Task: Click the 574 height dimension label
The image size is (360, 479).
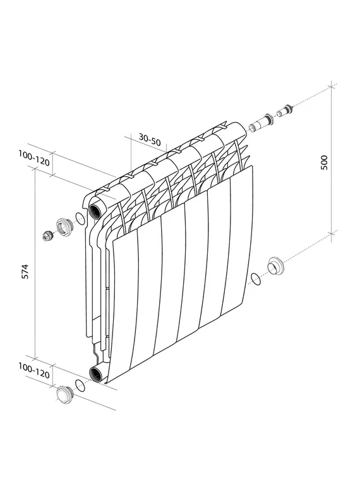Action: pos(26,271)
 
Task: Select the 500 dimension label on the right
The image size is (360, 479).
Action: pos(324,162)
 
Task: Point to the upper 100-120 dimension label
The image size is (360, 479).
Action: pos(33,158)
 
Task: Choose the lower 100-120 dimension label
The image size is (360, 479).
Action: pos(33,370)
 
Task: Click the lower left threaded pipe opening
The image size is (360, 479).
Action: pos(97,373)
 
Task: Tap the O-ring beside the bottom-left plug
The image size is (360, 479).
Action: pos(80,385)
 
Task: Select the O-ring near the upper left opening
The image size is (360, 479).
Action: pos(80,218)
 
